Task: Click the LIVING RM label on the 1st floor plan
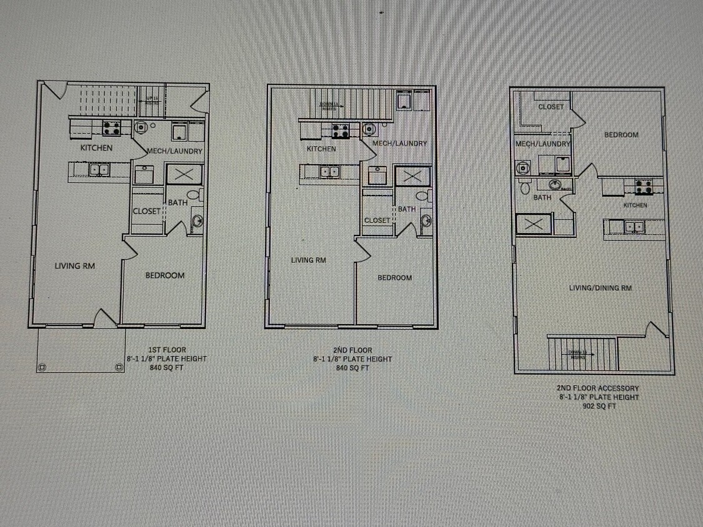point(75,266)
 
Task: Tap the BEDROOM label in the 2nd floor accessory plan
point(621,135)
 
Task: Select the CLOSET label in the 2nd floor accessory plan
point(551,107)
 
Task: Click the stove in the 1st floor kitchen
point(111,128)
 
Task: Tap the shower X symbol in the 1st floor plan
point(184,174)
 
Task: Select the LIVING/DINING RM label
point(600,288)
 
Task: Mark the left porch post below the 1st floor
point(42,367)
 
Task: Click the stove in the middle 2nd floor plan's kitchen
point(341,131)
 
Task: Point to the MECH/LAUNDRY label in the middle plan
point(399,144)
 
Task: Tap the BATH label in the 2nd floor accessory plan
point(542,198)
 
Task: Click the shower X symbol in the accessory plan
point(534,224)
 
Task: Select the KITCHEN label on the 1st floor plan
point(96,148)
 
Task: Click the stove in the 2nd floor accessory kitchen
point(644,185)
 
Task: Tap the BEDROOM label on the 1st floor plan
point(165,275)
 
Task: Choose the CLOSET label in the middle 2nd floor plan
point(377,220)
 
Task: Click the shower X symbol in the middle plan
point(412,176)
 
